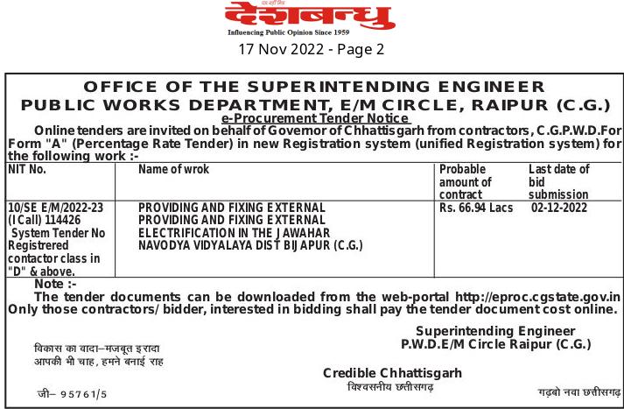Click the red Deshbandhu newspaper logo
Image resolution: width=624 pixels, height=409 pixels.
[x=311, y=16]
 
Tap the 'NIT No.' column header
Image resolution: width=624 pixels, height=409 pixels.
[x=27, y=169]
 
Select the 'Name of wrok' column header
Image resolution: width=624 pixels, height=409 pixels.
[x=174, y=169]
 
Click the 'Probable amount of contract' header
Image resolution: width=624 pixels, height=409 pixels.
[x=466, y=181]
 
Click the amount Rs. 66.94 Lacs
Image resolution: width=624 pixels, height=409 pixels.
[x=476, y=208]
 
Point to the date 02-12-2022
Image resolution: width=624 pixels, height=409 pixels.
[x=559, y=208]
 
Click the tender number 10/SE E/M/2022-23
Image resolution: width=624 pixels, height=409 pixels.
[x=55, y=208]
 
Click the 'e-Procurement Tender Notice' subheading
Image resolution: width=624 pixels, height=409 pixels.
[x=315, y=118]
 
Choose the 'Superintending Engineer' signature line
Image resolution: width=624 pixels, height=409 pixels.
[x=495, y=331]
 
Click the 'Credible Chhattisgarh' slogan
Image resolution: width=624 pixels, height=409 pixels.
[x=392, y=373]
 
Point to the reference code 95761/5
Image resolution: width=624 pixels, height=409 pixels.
[x=84, y=395]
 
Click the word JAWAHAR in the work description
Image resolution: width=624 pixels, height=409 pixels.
[x=298, y=233]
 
